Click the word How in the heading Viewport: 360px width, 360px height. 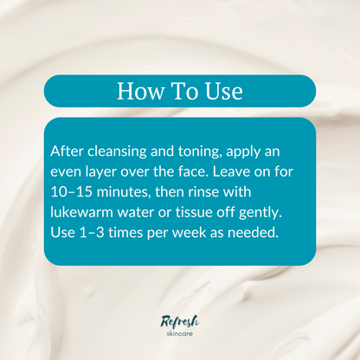(138, 91)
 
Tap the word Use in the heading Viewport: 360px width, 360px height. (222, 91)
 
